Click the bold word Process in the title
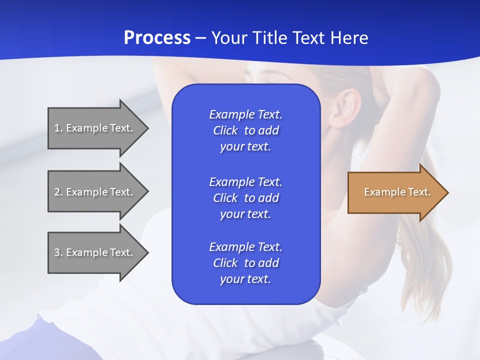157,38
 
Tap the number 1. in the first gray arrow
58,128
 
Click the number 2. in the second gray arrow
58,192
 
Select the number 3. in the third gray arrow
58,252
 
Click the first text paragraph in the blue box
245,130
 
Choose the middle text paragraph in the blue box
245,198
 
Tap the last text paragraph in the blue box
245,263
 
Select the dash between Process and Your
200,38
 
